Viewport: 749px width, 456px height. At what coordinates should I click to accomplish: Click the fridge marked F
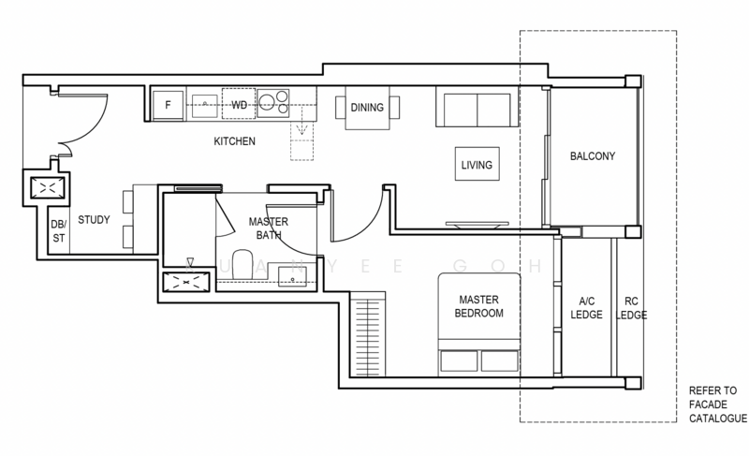(x=168, y=105)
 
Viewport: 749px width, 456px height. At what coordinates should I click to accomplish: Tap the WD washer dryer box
(x=239, y=104)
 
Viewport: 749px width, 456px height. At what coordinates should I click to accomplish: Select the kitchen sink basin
(x=204, y=106)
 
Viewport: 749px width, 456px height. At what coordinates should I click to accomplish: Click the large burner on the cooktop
(x=267, y=101)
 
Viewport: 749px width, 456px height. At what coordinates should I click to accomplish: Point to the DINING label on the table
(x=367, y=108)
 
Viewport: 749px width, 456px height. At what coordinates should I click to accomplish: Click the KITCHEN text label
(x=235, y=141)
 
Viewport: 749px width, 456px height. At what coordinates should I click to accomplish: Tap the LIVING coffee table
(x=477, y=164)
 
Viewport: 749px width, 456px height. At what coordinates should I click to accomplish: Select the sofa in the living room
(x=477, y=107)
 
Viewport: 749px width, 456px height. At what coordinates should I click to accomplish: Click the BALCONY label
(x=593, y=156)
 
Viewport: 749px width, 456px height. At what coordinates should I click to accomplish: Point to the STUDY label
(x=94, y=220)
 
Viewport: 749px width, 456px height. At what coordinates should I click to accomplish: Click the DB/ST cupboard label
(x=59, y=231)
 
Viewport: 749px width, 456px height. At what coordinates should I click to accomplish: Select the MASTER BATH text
(x=269, y=228)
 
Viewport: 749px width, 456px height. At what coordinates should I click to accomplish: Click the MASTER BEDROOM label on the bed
(x=478, y=306)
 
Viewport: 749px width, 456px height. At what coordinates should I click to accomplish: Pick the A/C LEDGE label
(x=587, y=308)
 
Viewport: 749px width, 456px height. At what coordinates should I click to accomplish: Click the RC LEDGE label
(x=631, y=308)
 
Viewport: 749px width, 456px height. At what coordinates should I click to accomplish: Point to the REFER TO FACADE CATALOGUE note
(x=718, y=405)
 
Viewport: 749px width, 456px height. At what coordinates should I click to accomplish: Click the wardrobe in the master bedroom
(x=367, y=333)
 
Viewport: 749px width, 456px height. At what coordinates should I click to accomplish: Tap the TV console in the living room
(x=477, y=225)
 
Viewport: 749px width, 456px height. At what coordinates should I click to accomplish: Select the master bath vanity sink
(x=292, y=277)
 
